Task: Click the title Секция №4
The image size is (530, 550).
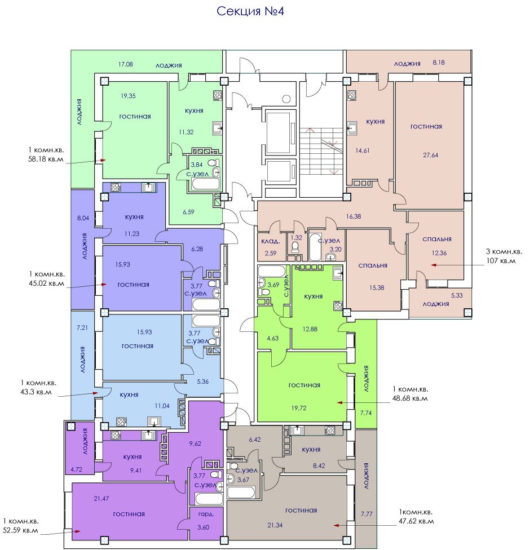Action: [250, 11]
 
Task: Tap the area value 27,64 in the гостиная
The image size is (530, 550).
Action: [430, 155]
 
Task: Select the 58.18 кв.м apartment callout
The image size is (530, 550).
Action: [46, 154]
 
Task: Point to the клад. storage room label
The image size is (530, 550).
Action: [270, 241]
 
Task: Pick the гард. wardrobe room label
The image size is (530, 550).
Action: [206, 514]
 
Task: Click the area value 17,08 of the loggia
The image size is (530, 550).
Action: [125, 64]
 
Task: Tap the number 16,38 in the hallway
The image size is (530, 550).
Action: [353, 216]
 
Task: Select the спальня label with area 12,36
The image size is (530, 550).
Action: [436, 239]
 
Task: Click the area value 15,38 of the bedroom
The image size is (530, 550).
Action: [376, 287]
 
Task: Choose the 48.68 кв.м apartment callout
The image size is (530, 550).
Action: [410, 393]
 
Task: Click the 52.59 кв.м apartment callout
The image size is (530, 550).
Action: [20, 526]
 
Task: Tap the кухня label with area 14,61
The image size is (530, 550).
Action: [375, 122]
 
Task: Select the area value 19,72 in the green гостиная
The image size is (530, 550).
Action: [299, 408]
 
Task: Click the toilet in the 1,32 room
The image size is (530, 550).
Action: [295, 247]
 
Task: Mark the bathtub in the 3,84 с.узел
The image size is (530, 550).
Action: [206, 184]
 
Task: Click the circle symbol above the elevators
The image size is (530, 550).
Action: [286, 98]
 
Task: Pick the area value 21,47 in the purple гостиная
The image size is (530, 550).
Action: [101, 498]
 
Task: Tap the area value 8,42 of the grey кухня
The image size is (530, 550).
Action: [319, 466]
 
